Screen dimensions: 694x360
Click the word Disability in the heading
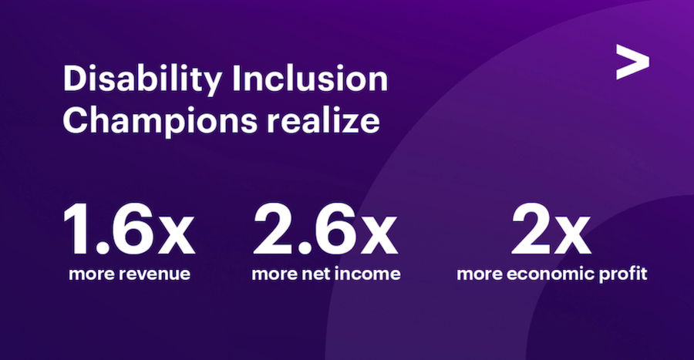tap(142, 80)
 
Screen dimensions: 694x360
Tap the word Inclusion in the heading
tap(310, 79)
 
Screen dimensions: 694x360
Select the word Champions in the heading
tap(160, 121)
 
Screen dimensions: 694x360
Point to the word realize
tap(322, 119)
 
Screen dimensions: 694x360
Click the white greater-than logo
tap(632, 62)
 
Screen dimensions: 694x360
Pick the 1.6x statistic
tap(129, 229)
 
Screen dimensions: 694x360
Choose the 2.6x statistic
tap(325, 229)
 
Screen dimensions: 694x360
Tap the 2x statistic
tap(551, 229)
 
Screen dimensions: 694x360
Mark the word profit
tap(623, 274)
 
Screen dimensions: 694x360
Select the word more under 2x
tap(480, 274)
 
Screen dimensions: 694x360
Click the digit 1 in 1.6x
tap(77, 229)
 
